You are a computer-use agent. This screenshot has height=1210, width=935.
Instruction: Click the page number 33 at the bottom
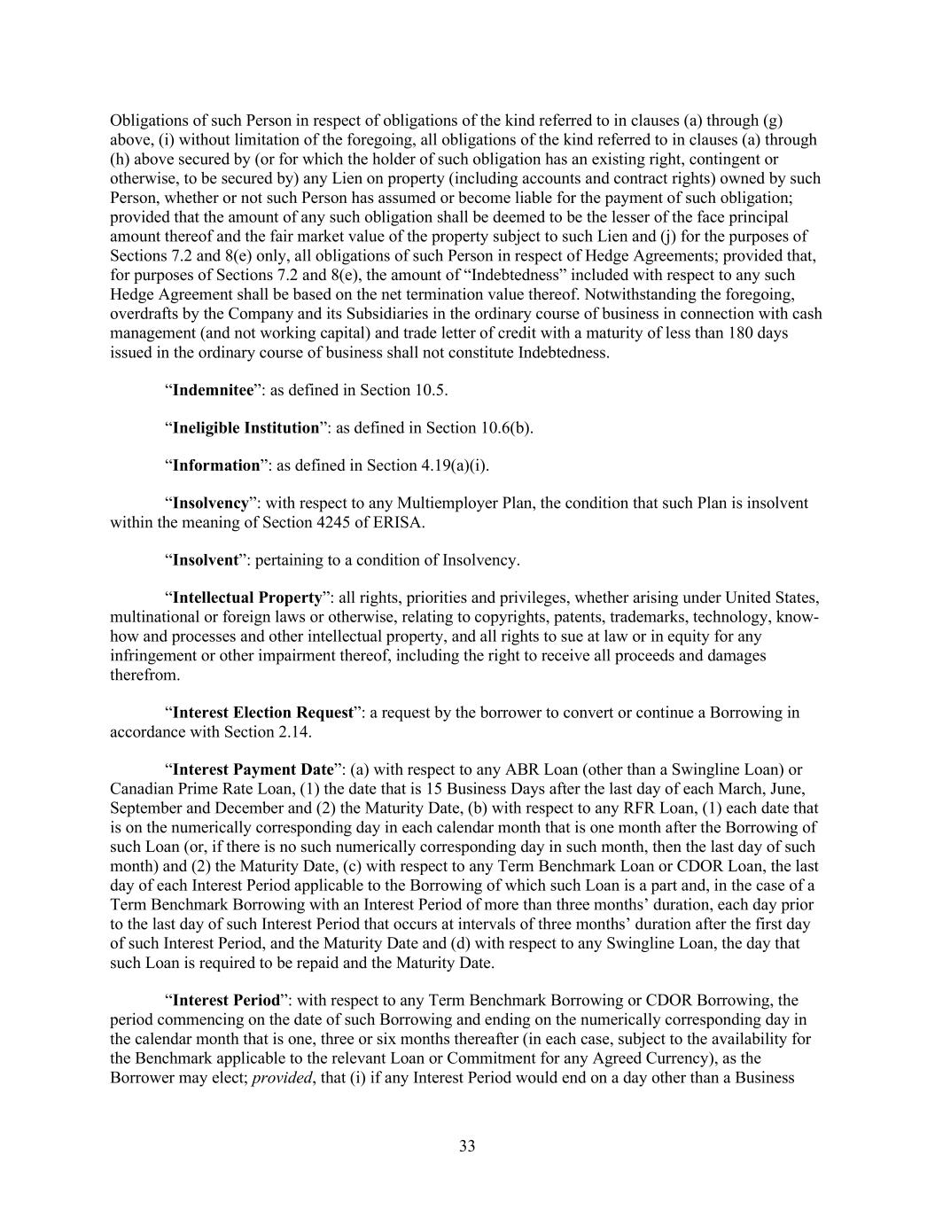tap(467, 1146)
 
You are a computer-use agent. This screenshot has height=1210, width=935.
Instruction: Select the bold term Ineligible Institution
tap(245, 428)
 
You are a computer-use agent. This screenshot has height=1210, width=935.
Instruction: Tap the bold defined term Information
tap(216, 465)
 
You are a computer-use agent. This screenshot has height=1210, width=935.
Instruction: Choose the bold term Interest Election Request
tap(263, 713)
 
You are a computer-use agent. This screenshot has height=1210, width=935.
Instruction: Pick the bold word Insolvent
tap(206, 560)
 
